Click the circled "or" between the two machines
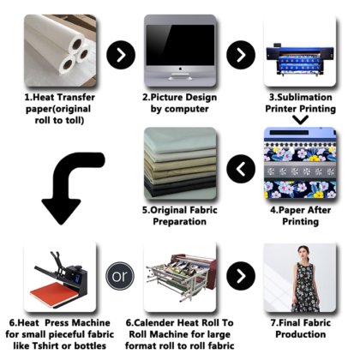pyautogui.click(x=120, y=276)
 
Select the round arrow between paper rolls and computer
pyautogui.click(x=121, y=55)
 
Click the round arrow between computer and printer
pyautogui.click(x=241, y=55)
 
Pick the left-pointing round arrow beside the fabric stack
pyautogui.click(x=241, y=169)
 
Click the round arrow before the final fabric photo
pyautogui.click(x=241, y=276)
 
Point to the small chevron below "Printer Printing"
pyautogui.click(x=301, y=120)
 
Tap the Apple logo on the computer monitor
pyautogui.click(x=180, y=69)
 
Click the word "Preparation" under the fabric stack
pyautogui.click(x=180, y=222)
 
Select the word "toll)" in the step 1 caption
pyautogui.click(x=74, y=121)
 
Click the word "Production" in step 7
pyautogui.click(x=301, y=334)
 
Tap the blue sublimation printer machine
pyautogui.click(x=300, y=60)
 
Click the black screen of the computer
pyautogui.click(x=180, y=45)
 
